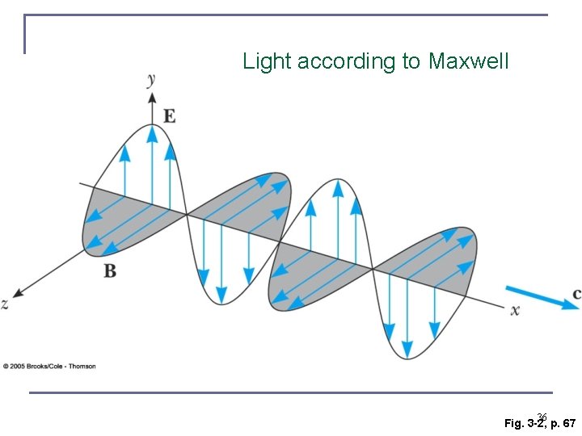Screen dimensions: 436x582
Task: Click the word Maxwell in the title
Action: (469, 61)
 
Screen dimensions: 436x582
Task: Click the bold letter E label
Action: (170, 116)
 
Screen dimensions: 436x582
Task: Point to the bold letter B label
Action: (110, 271)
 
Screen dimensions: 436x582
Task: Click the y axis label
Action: (151, 78)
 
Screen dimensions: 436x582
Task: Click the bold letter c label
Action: (576, 295)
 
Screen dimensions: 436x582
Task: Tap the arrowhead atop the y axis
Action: (151, 98)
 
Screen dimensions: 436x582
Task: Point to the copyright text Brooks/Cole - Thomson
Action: (61, 367)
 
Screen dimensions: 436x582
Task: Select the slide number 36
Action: (542, 417)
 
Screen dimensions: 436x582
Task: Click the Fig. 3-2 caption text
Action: (524, 423)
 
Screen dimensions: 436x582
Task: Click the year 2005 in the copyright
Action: (18, 367)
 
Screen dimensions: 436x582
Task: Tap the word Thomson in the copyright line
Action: (82, 367)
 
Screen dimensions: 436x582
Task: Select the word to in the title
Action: (411, 61)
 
